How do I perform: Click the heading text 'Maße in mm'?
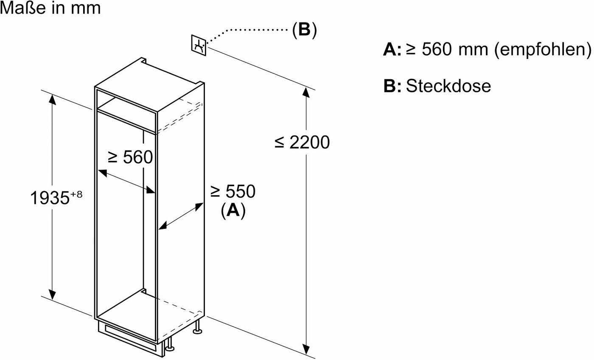50,8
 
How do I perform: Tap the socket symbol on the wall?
199,45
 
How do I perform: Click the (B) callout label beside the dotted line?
305,30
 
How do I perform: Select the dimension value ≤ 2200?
302,142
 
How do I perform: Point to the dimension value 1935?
50,198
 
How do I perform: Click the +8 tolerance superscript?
76,194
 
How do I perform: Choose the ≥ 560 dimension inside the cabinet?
130,157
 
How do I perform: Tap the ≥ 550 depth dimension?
233,191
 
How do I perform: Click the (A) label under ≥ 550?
233,211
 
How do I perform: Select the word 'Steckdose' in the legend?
448,86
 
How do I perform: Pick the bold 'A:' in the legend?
392,49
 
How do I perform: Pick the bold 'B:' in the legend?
392,86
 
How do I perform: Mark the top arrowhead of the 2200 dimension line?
306,92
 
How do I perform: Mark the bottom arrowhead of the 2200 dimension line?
306,349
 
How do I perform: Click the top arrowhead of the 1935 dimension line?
52,100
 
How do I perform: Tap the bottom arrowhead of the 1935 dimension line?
52,295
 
